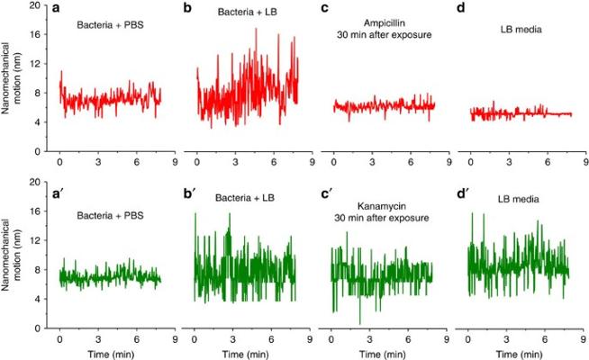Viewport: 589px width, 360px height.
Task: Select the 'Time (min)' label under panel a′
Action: click(x=106, y=353)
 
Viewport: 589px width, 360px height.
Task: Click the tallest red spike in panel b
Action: click(x=256, y=29)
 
